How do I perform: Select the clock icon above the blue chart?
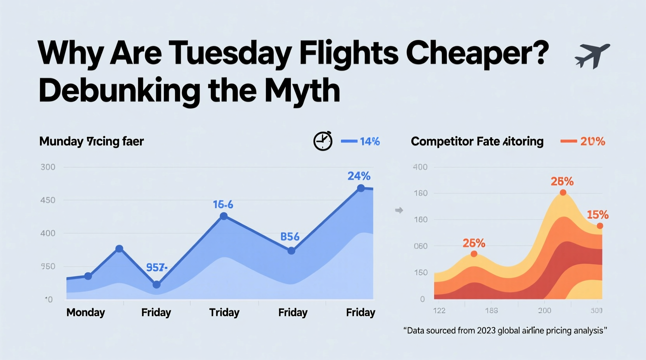click(323, 141)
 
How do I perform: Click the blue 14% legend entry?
click(360, 142)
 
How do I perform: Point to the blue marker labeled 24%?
click(361, 188)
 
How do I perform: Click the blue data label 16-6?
click(223, 204)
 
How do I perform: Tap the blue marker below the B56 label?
click(291, 251)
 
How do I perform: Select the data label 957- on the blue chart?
click(156, 267)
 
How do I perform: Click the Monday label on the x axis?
click(85, 312)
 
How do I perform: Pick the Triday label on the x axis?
click(224, 312)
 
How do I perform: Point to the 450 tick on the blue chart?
click(48, 200)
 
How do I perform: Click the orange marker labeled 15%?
click(600, 226)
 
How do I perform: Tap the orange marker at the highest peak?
click(563, 192)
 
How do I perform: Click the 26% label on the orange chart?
click(474, 243)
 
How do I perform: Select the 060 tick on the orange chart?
click(420, 246)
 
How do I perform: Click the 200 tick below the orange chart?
click(544, 310)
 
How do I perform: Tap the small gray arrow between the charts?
click(399, 210)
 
